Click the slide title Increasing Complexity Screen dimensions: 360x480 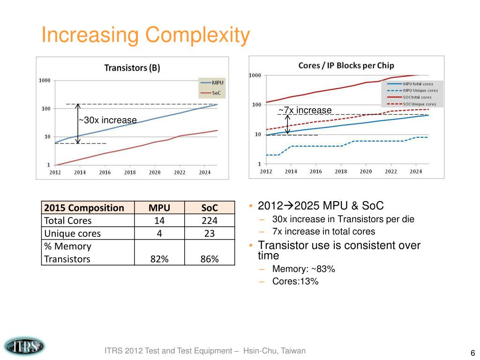tap(144, 36)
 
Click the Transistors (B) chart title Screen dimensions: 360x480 tap(132, 68)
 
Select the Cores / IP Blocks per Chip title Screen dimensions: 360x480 tap(346, 65)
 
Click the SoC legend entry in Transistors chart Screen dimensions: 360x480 tap(216, 93)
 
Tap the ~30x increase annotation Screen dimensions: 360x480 tap(108, 120)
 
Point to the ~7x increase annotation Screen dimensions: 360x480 tap(305, 110)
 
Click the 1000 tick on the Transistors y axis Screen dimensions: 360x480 tap(45, 81)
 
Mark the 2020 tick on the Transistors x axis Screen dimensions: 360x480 tap(155, 172)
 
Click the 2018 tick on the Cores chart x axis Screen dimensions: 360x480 tap(341, 172)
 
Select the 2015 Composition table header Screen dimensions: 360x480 tap(83, 208)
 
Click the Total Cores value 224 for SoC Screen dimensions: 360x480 tap(210, 220)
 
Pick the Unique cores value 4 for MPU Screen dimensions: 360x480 tap(159, 233)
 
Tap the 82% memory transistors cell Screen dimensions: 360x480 tap(159, 259)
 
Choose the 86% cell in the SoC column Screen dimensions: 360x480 tap(210, 259)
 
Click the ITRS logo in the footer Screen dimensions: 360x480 tap(24, 346)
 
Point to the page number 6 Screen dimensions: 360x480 tap(472, 353)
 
